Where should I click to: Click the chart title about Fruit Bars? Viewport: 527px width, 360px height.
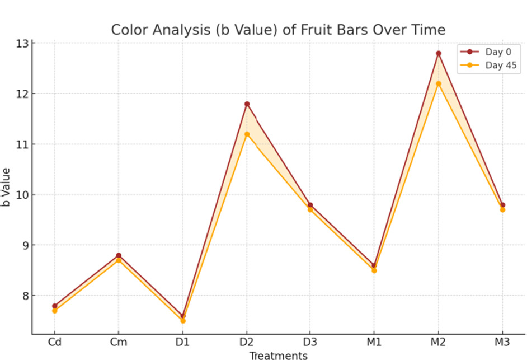[278, 30]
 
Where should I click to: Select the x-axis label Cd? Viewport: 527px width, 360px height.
[54, 342]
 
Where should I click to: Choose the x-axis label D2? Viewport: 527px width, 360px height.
[247, 342]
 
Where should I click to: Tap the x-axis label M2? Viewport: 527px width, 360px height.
[439, 342]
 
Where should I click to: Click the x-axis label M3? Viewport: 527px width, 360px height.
[502, 342]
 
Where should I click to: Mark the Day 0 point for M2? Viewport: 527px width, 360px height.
[439, 53]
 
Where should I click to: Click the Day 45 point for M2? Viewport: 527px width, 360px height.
[439, 83]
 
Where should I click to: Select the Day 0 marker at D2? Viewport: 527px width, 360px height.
[247, 104]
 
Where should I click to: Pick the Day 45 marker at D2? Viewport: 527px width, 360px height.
[247, 134]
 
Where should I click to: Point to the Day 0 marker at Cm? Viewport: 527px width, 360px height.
[119, 255]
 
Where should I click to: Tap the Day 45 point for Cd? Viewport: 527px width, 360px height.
[54, 311]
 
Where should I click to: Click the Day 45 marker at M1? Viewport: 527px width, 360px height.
[374, 270]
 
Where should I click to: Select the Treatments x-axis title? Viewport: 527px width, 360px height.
[278, 355]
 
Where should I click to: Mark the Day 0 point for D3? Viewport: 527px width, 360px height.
[310, 205]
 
